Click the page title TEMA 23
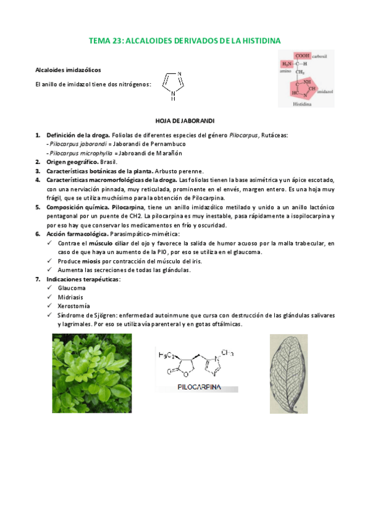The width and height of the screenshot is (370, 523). point(185,41)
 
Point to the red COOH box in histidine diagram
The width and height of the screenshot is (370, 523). point(303,55)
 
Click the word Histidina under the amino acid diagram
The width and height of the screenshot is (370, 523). point(303,104)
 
